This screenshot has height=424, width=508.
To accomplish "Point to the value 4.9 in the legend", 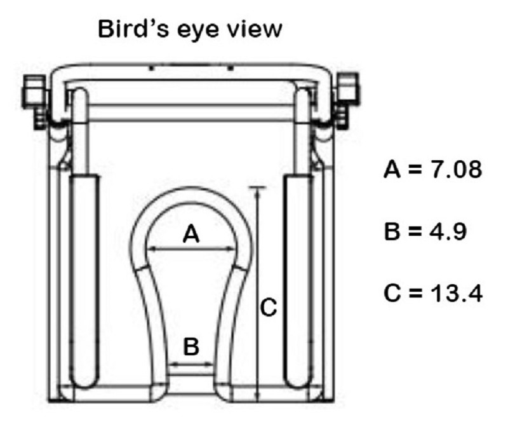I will pyautogui.click(x=444, y=232).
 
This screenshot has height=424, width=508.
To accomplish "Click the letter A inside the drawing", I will pyautogui.click(x=191, y=235).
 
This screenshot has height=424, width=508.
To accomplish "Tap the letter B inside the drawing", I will pyautogui.click(x=191, y=346).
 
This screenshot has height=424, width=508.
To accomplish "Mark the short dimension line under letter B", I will pyautogui.click(x=191, y=364).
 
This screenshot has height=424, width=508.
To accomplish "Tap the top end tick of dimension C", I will pyautogui.click(x=257, y=188).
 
